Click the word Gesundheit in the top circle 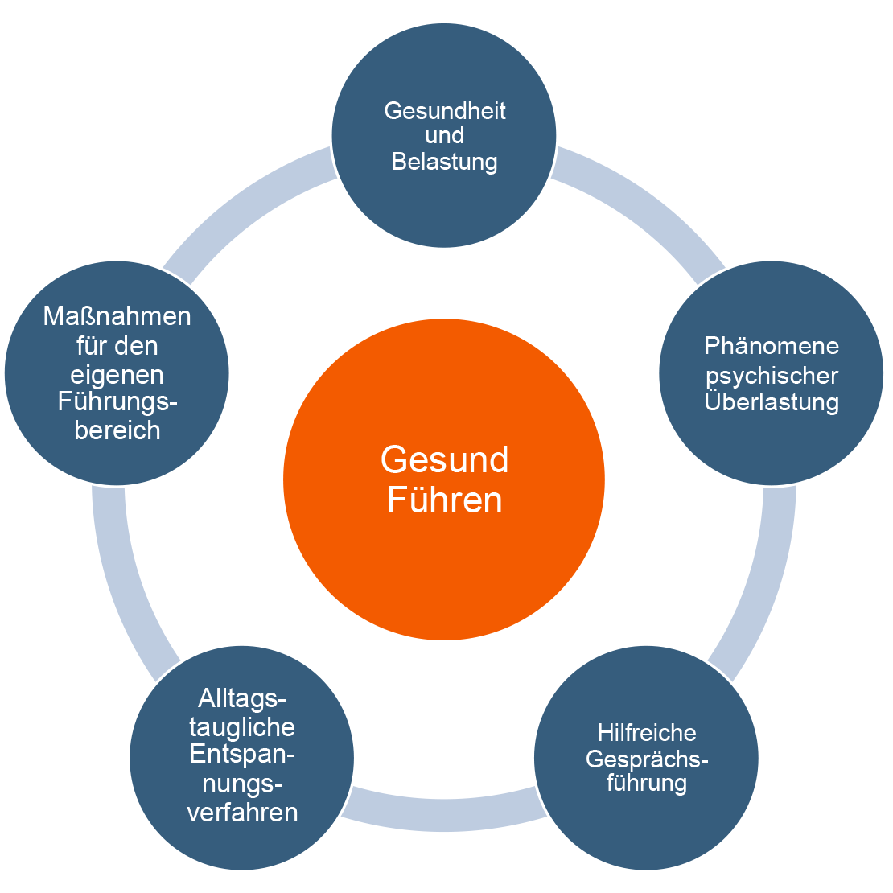444,110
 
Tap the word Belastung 444,162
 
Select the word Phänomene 772,346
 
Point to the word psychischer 772,375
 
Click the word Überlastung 772,401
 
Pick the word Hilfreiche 647,733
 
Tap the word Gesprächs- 647,759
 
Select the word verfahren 242,812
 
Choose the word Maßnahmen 117,316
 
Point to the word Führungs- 117,401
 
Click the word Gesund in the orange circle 444,459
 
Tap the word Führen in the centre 444,500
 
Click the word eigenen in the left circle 117,374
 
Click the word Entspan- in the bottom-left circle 242,755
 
